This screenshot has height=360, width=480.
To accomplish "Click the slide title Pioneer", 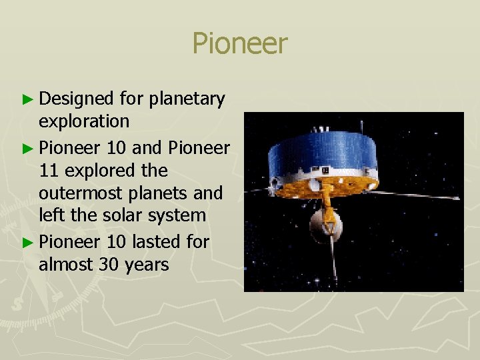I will tap(240, 44).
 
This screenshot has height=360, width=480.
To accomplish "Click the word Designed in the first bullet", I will tap(77, 99).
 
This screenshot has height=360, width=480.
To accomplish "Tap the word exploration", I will tap(84, 121).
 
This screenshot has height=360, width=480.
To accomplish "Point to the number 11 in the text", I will tap(48, 171).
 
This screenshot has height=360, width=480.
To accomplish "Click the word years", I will tap(147, 265).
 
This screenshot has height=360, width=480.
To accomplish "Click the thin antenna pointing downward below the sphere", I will tap(333, 263).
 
